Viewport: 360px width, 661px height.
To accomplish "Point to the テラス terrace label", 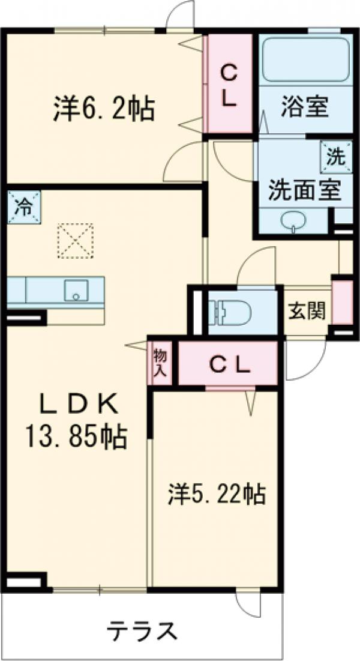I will pos(142,632).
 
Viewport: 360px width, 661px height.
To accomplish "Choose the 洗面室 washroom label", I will pos(304,190).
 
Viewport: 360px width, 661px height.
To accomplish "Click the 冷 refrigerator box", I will pos(24,208).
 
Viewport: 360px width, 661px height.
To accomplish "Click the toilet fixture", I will pos(228,312).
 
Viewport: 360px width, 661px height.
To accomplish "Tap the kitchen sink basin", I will pos(76,291).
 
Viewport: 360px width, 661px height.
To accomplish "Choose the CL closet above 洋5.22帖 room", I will pos(229,364).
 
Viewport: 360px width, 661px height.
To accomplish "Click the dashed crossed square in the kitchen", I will pos(76,240).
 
